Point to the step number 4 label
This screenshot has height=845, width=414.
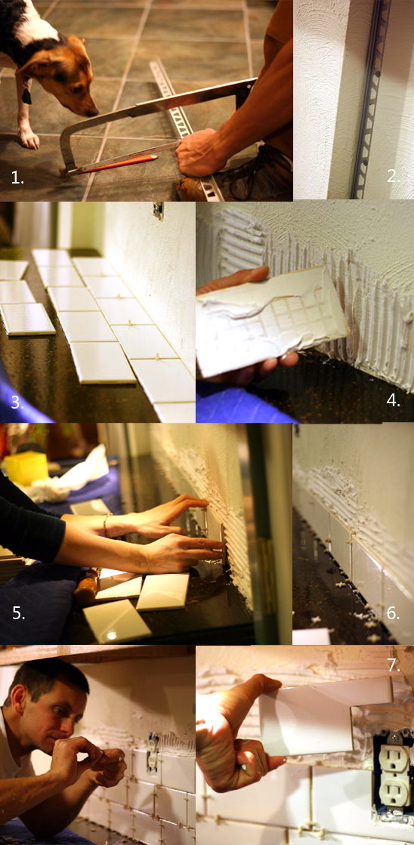tap(393, 401)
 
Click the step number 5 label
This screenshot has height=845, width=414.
tap(18, 613)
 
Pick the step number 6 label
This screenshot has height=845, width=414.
tap(393, 612)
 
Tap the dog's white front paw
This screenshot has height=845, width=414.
tap(29, 139)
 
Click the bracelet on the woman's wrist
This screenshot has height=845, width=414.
tap(107, 526)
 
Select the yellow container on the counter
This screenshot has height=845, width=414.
tap(26, 467)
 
